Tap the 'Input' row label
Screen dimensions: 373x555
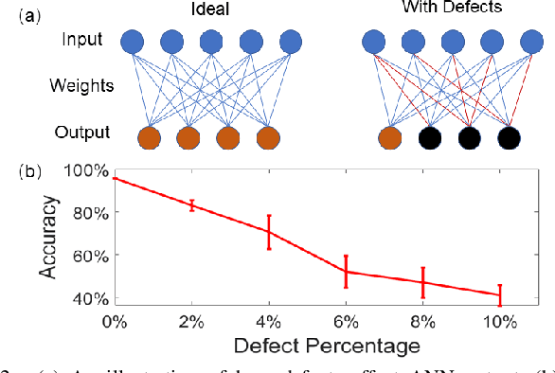pyautogui.click(x=82, y=41)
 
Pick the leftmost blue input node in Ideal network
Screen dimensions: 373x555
pyautogui.click(x=132, y=42)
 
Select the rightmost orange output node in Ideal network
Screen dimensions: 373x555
pyautogui.click(x=269, y=137)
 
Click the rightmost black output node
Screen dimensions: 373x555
pyautogui.click(x=510, y=138)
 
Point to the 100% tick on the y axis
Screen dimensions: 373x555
pyautogui.click(x=89, y=170)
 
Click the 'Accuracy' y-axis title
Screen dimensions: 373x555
pyautogui.click(x=50, y=235)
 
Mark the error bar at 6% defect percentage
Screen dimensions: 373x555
pyautogui.click(x=347, y=271)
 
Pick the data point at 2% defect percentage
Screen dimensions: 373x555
pyautogui.click(x=192, y=204)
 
